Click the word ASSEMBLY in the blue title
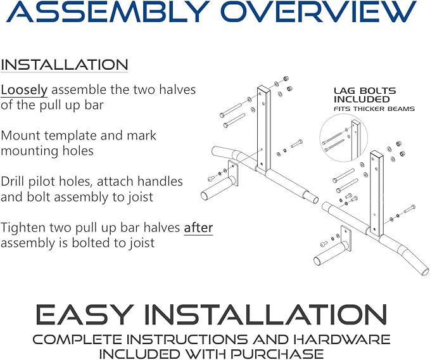pos(106,11)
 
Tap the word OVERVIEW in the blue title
pos(319,11)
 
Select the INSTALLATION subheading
pos(65,65)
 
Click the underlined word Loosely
pos(24,90)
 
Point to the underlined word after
pos(198,228)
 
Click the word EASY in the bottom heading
pos(82,314)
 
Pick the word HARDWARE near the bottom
pos(341,339)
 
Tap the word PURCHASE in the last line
pos(276,354)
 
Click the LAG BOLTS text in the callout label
pos(365,91)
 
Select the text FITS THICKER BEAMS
pos(374,109)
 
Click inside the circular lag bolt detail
pos(344,138)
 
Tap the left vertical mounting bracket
pos(263,128)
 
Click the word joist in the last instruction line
pos(142,243)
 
